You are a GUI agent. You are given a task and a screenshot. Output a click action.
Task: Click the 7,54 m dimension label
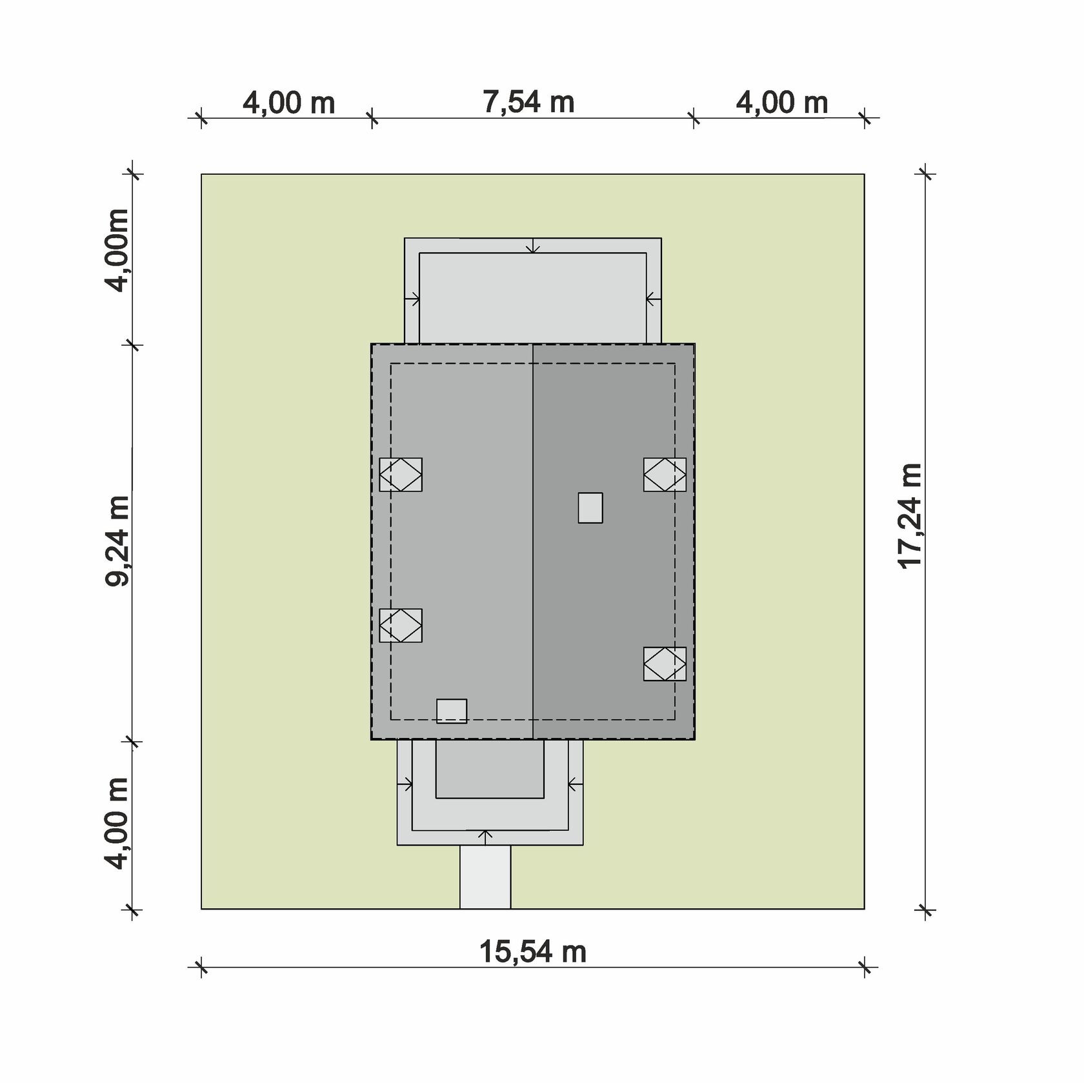pyautogui.click(x=528, y=102)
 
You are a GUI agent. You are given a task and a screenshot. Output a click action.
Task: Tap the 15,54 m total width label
pyautogui.click(x=533, y=951)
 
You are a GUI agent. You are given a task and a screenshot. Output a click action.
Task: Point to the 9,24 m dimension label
pyautogui.click(x=117, y=540)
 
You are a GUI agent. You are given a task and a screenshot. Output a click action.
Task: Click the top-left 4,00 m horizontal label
pyautogui.click(x=288, y=103)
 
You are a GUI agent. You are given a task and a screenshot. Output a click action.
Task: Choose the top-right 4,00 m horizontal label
pyautogui.click(x=782, y=103)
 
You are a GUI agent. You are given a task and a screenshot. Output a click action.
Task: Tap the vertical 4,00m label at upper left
pyautogui.click(x=117, y=250)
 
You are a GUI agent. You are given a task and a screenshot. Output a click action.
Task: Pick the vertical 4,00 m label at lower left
pyautogui.click(x=117, y=823)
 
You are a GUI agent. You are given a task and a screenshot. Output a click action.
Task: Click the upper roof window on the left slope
pyautogui.click(x=401, y=475)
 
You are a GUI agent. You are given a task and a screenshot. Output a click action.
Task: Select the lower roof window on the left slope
pyautogui.click(x=401, y=626)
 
